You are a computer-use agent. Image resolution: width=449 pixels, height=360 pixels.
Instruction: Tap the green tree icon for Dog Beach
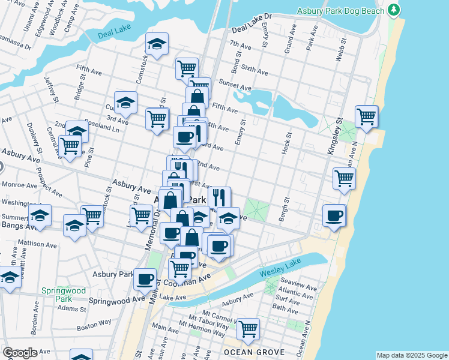pos(393,10)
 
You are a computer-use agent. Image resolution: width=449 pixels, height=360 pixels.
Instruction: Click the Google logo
pos(20,353)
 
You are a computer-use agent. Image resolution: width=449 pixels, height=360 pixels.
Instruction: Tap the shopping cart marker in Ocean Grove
pos(247,329)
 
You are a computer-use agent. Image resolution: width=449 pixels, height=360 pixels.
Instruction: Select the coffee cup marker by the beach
pos(334,215)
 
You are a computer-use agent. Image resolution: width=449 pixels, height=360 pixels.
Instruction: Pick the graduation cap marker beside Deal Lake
pos(157,44)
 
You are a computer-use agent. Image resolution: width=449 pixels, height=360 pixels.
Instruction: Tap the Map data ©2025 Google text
pos(411,355)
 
